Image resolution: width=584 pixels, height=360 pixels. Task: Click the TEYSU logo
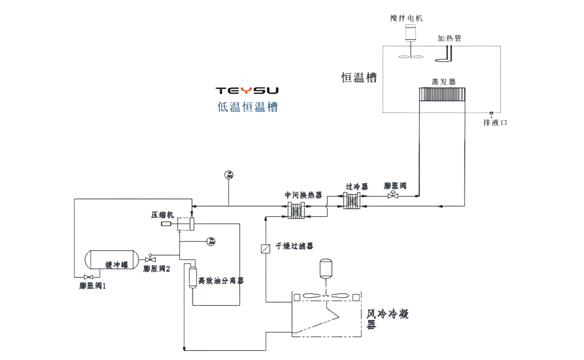pyautogui.click(x=247, y=91)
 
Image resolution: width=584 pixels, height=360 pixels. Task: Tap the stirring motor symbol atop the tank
pyautogui.click(x=410, y=33)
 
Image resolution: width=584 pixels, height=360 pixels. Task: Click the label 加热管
pyautogui.click(x=449, y=38)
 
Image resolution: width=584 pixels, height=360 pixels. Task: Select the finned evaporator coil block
pyautogui.click(x=442, y=95)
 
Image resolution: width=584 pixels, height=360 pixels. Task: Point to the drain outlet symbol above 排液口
pyautogui.click(x=491, y=114)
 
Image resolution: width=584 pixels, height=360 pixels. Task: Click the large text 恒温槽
pyautogui.click(x=359, y=77)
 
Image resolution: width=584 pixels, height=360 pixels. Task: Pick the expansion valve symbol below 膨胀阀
pyautogui.click(x=393, y=195)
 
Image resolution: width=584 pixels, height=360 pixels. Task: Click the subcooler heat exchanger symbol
pyautogui.click(x=352, y=201)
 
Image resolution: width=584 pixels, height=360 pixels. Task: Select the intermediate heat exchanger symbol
pyautogui.click(x=296, y=211)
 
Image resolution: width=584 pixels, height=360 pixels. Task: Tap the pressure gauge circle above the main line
pyautogui.click(x=229, y=175)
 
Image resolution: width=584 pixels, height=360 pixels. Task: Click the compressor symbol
pyautogui.click(x=186, y=224)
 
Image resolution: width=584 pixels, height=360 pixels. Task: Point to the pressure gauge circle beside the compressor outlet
pyautogui.click(x=211, y=241)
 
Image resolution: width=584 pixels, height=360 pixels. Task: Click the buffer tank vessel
pyautogui.click(x=112, y=260)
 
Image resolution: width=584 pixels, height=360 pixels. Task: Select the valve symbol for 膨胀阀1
pyautogui.click(x=88, y=277)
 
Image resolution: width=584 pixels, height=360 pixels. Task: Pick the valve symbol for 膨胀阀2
pyautogui.click(x=150, y=259)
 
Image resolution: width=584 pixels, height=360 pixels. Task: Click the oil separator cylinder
pyautogui.click(x=193, y=277)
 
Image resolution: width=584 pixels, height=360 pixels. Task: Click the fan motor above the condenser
pyautogui.click(x=326, y=269)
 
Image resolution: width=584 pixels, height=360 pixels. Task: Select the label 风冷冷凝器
pyautogui.click(x=387, y=319)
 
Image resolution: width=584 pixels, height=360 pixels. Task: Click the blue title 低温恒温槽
pyautogui.click(x=248, y=107)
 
